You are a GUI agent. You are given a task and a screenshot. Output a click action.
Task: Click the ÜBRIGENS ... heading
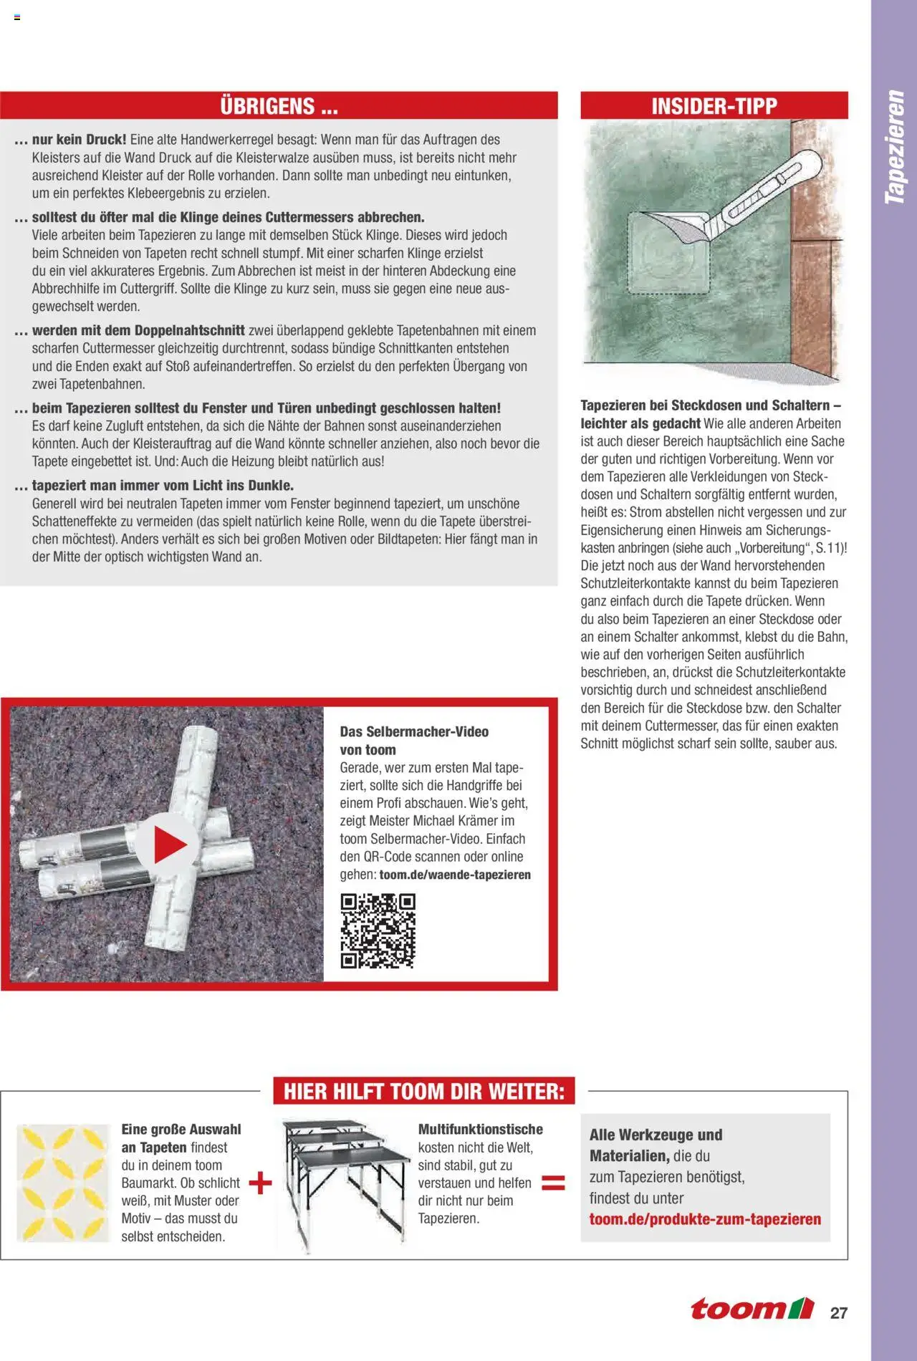(x=279, y=106)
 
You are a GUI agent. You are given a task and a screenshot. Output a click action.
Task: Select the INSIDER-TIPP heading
(x=714, y=106)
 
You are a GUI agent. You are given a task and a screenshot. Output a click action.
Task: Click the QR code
(x=378, y=930)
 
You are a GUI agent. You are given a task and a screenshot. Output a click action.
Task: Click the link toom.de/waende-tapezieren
(x=455, y=875)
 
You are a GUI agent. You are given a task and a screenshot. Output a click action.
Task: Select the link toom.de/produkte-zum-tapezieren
(x=705, y=1219)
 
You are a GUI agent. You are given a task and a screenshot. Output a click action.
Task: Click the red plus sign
(x=260, y=1183)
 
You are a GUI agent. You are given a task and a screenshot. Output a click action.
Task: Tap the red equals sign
(x=553, y=1183)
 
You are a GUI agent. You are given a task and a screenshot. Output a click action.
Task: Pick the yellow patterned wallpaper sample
(x=63, y=1183)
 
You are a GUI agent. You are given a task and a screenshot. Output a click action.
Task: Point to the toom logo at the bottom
(x=752, y=1309)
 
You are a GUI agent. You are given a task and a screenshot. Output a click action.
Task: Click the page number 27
(x=839, y=1313)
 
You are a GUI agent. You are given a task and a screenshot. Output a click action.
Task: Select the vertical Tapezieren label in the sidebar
(x=894, y=147)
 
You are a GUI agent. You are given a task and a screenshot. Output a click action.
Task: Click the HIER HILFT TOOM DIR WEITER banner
(x=424, y=1092)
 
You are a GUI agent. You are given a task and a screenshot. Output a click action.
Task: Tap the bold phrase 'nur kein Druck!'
(x=79, y=140)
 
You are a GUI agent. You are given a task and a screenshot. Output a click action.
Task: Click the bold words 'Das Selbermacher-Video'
(x=414, y=732)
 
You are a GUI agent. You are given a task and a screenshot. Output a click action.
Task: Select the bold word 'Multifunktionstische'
(x=481, y=1130)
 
